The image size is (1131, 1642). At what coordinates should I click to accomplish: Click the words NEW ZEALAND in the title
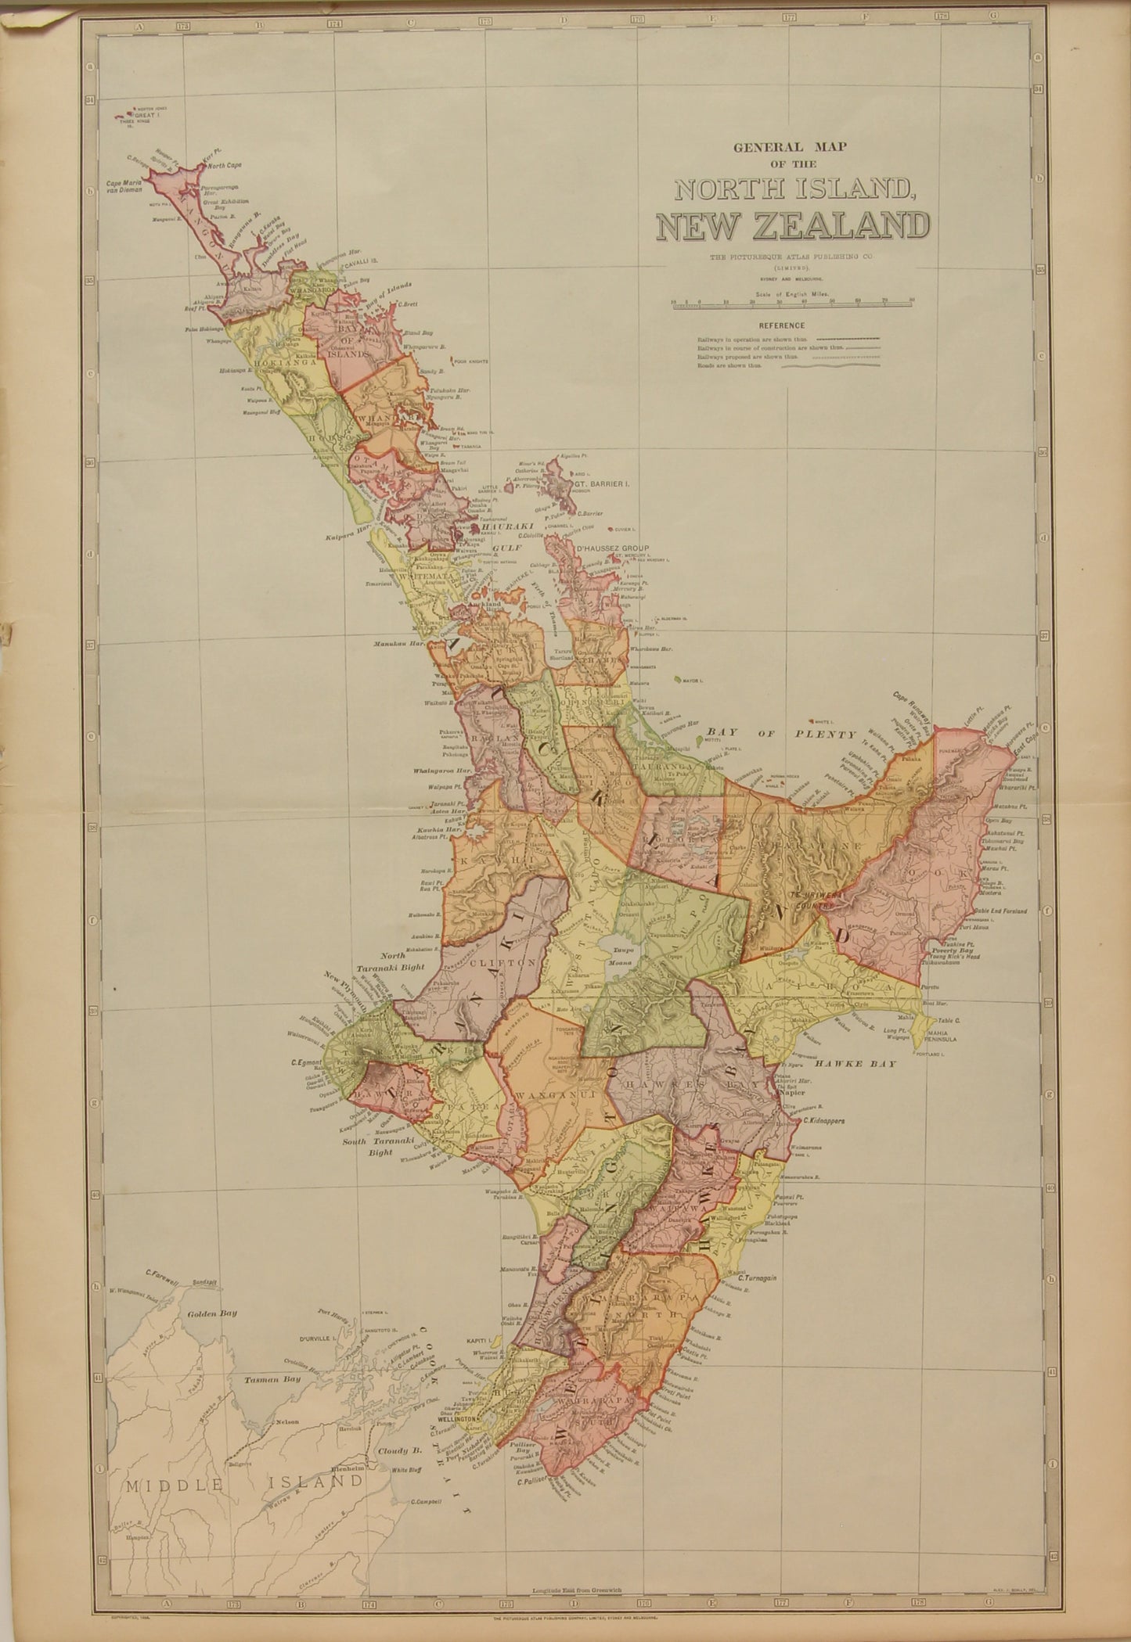point(788,226)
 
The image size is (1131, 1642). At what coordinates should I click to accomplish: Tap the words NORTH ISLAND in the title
point(788,191)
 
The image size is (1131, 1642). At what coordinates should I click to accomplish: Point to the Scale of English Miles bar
point(792,302)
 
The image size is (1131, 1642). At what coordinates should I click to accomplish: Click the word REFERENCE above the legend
point(781,325)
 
